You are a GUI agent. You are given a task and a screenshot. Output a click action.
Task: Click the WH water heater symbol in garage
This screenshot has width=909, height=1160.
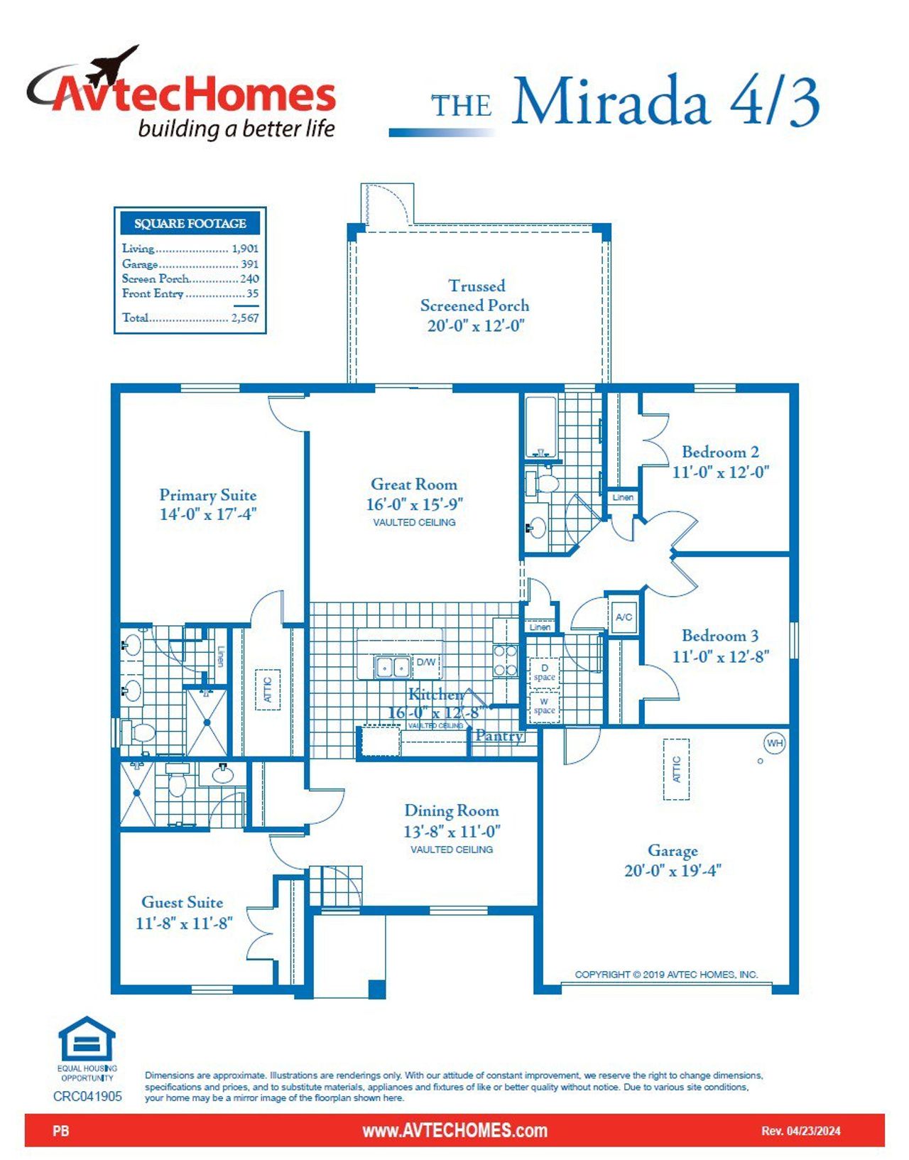[x=775, y=743]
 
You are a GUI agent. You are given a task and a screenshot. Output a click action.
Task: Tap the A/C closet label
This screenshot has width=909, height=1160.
[x=624, y=617]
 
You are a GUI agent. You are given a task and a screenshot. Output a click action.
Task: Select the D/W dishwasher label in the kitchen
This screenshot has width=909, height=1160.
[x=425, y=662]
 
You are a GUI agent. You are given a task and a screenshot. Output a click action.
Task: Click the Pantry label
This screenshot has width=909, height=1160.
[x=499, y=735]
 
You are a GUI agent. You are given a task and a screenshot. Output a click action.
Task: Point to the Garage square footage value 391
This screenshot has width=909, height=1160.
[x=249, y=264]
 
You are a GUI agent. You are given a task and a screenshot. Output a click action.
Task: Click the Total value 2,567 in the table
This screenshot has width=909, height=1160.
[x=244, y=318]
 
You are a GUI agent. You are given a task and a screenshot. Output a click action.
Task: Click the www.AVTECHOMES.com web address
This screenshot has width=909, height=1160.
[x=454, y=1130]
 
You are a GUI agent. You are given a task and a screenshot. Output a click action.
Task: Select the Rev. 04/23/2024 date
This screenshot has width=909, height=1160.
[x=800, y=1131]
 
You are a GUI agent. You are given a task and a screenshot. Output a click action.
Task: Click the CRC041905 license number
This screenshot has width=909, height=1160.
[x=87, y=1096]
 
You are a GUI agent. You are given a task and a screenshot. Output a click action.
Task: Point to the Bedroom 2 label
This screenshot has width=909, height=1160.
[x=720, y=452]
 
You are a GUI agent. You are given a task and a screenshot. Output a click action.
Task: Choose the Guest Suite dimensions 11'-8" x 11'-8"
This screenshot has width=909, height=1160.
[x=185, y=923]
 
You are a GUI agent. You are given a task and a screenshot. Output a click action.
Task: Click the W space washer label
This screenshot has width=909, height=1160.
[x=544, y=706]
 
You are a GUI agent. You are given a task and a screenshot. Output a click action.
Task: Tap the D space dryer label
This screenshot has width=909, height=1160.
[x=544, y=672]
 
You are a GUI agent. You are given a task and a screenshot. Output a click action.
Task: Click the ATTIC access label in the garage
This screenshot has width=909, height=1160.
[x=676, y=769]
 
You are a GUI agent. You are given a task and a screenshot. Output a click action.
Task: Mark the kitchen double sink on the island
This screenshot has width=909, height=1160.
[x=393, y=667]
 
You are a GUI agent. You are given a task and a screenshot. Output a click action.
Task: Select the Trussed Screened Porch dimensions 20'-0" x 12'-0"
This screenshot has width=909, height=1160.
[x=475, y=325]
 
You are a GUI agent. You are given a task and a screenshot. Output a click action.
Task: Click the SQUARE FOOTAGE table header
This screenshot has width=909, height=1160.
[x=190, y=223]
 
